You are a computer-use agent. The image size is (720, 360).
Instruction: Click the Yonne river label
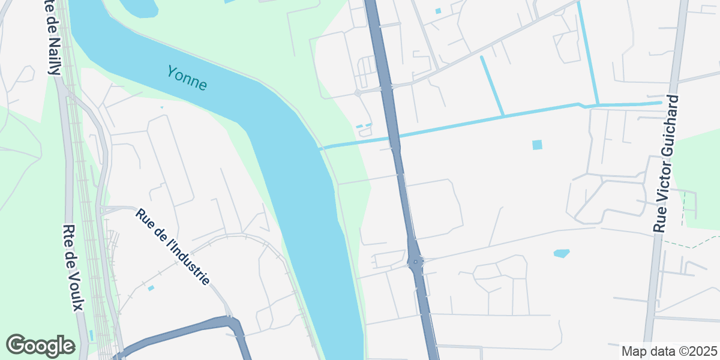[x=187, y=79]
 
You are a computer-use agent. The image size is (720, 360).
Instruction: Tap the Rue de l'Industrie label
[x=173, y=247]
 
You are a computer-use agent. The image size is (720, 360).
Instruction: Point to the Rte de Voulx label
[x=73, y=268]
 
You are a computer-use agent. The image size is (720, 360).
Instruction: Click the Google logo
[x=40, y=346]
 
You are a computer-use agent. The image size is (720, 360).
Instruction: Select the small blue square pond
[x=537, y=145]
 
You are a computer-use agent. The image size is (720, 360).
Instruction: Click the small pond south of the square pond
[x=561, y=253]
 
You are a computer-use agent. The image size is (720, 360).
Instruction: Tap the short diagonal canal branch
[x=491, y=85]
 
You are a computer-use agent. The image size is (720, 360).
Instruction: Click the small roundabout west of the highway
[x=358, y=92]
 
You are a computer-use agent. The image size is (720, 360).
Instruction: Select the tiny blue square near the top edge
[x=437, y=11]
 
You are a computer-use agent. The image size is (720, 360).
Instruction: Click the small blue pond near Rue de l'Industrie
[x=151, y=289]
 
